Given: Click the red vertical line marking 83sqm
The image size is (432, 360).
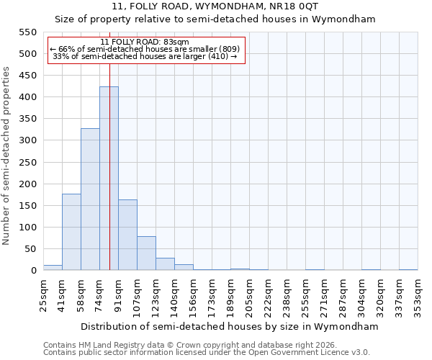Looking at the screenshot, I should pyautogui.click(x=109, y=144).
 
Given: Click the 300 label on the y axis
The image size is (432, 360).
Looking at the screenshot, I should pyautogui.click(x=27, y=140).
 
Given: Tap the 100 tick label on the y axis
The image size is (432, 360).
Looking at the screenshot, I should pyautogui.click(x=27, y=228).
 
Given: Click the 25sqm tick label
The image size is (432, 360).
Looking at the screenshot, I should pyautogui.click(x=43, y=294).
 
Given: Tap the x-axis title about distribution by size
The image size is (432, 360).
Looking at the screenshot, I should pyautogui.click(x=230, y=326).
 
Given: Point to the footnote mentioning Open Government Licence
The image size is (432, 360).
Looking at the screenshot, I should pyautogui.click(x=207, y=352).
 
